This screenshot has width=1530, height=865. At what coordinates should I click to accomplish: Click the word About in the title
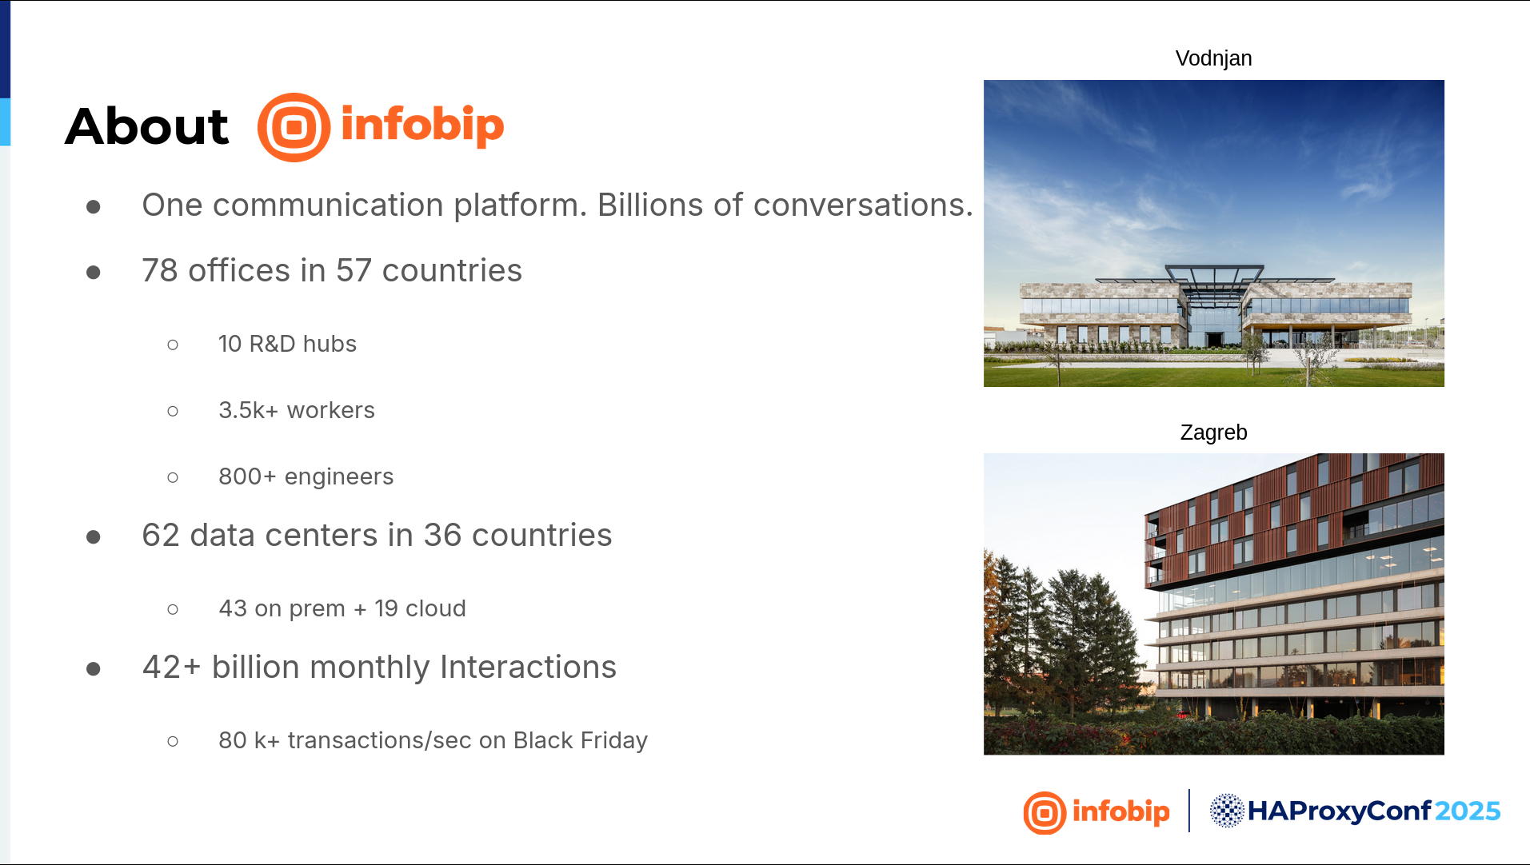pos(146,126)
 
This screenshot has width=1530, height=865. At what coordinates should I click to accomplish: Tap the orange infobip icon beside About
pos(294,127)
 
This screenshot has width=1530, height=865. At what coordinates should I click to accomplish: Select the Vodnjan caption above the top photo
pos(1213,58)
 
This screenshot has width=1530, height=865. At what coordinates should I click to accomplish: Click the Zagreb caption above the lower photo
pos(1213,432)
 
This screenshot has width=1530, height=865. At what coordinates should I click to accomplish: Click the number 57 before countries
pos(354,271)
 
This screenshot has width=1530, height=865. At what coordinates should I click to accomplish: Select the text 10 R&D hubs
pos(287,344)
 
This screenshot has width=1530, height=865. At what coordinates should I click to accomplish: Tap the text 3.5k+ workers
pos(297,410)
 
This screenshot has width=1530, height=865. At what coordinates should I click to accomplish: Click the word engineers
pos(339,477)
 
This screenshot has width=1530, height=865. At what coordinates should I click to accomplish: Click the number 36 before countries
pos(442,536)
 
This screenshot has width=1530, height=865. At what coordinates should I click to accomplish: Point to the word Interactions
pos(528,668)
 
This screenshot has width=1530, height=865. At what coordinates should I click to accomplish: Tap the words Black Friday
pos(581,741)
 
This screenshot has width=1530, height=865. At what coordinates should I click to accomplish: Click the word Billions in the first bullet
pos(651,205)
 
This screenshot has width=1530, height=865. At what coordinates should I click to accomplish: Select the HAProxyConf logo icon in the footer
pos(1226,811)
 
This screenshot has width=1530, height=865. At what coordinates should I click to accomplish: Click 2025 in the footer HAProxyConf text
pos(1468,811)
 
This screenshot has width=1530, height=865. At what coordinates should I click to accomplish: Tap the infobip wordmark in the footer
pos(1121,811)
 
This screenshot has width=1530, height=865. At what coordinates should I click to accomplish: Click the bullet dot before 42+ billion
pos(94,668)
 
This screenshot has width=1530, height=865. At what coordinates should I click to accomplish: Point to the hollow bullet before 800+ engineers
pos(173,478)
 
